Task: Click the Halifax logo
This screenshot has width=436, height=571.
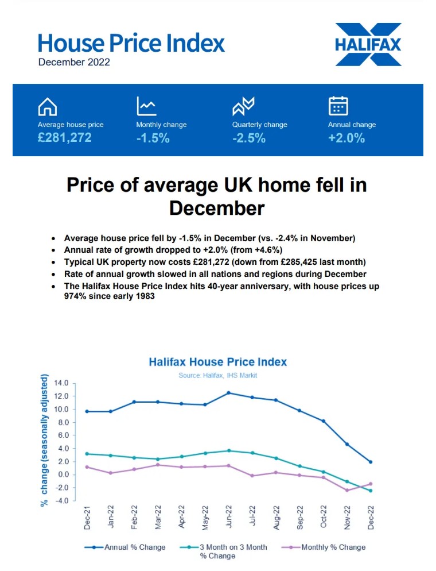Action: click(368, 44)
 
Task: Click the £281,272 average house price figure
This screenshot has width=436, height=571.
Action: click(64, 138)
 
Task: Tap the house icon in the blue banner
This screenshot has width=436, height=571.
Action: click(47, 107)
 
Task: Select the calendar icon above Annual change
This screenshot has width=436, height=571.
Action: click(338, 106)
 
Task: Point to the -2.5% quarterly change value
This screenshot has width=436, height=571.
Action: click(248, 138)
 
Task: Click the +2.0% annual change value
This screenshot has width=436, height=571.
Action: click(346, 138)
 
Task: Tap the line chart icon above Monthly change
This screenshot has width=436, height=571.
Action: click(146, 106)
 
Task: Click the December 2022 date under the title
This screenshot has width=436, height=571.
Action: click(74, 62)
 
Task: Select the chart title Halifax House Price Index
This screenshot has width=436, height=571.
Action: click(217, 362)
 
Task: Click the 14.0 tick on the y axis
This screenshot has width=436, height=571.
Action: click(61, 383)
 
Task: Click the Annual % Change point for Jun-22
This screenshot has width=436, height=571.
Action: click(229, 393)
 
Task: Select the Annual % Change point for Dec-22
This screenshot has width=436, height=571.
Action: click(370, 462)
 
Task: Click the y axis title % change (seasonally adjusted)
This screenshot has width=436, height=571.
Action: click(44, 441)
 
